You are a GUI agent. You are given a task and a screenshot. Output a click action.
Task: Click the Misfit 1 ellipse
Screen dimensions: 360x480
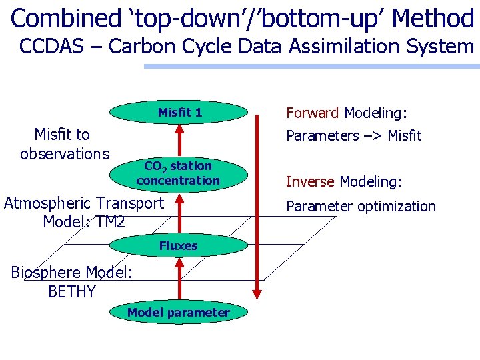coord(179,113)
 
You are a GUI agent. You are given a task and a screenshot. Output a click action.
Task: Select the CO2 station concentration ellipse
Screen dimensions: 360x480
coord(178,173)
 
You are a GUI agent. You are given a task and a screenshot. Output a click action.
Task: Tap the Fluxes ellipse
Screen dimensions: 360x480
coord(178,246)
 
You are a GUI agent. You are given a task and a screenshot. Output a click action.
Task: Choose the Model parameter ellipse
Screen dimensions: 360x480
coord(178,313)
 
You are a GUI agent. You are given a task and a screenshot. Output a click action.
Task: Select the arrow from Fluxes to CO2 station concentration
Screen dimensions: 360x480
coord(179,212)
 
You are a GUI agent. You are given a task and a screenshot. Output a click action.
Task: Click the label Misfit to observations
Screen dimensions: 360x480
coord(64,144)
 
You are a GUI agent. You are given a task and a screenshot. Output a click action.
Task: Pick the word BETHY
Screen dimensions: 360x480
coord(72,291)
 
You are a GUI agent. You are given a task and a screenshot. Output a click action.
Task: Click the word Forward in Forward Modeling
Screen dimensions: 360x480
coord(313,113)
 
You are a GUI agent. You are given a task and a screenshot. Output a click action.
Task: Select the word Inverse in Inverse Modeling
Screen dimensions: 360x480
coord(311,181)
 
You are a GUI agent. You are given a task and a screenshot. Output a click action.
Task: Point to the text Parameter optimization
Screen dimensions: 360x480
coord(361,206)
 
